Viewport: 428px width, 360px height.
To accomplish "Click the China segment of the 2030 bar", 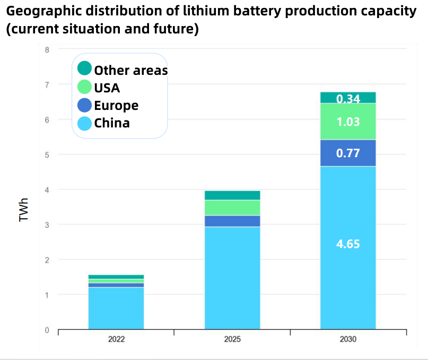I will click(x=348, y=276).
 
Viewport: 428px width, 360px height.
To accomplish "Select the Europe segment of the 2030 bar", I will click(x=348, y=153).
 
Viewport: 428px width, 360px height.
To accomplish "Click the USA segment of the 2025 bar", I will click(x=232, y=208).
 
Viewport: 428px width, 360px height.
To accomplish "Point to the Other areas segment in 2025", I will click(x=232, y=195).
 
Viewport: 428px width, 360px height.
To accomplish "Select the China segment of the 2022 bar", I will click(x=116, y=308).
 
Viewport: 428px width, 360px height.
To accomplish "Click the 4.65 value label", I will click(x=348, y=244).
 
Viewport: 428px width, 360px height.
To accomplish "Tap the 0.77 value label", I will click(x=348, y=153).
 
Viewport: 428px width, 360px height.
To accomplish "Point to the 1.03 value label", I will click(x=348, y=122).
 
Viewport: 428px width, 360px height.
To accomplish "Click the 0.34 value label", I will click(x=348, y=98).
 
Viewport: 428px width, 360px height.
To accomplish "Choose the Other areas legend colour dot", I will click(x=84, y=68).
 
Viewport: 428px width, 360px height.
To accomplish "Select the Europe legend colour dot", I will click(x=84, y=105).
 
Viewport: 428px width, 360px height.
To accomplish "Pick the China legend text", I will click(x=111, y=123).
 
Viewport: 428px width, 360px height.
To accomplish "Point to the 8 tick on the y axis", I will click(x=47, y=50).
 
